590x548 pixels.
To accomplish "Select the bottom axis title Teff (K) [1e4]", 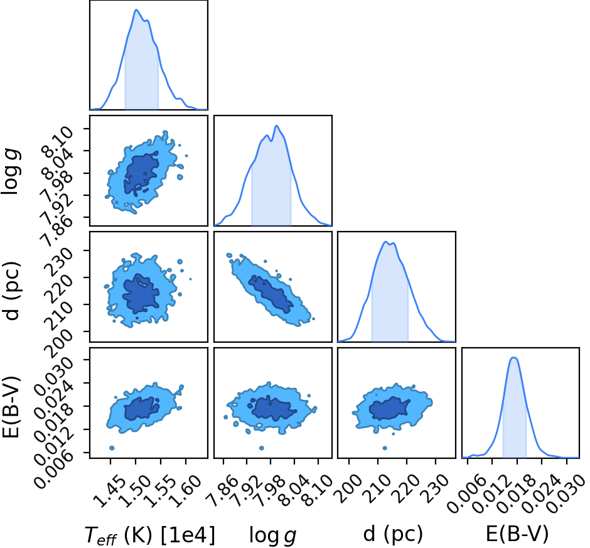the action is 150,534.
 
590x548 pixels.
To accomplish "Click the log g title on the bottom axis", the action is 273,535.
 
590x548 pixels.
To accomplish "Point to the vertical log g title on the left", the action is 11,171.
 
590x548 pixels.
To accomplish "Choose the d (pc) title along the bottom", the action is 393,534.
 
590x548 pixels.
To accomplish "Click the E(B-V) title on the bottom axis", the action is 517,534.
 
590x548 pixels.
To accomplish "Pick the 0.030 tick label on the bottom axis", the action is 564,493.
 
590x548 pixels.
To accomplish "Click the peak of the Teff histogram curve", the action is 136,10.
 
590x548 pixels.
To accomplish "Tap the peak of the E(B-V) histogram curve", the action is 514,358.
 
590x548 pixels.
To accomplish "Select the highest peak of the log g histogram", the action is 277,126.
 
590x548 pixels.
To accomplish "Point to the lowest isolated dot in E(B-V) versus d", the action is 385,448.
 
